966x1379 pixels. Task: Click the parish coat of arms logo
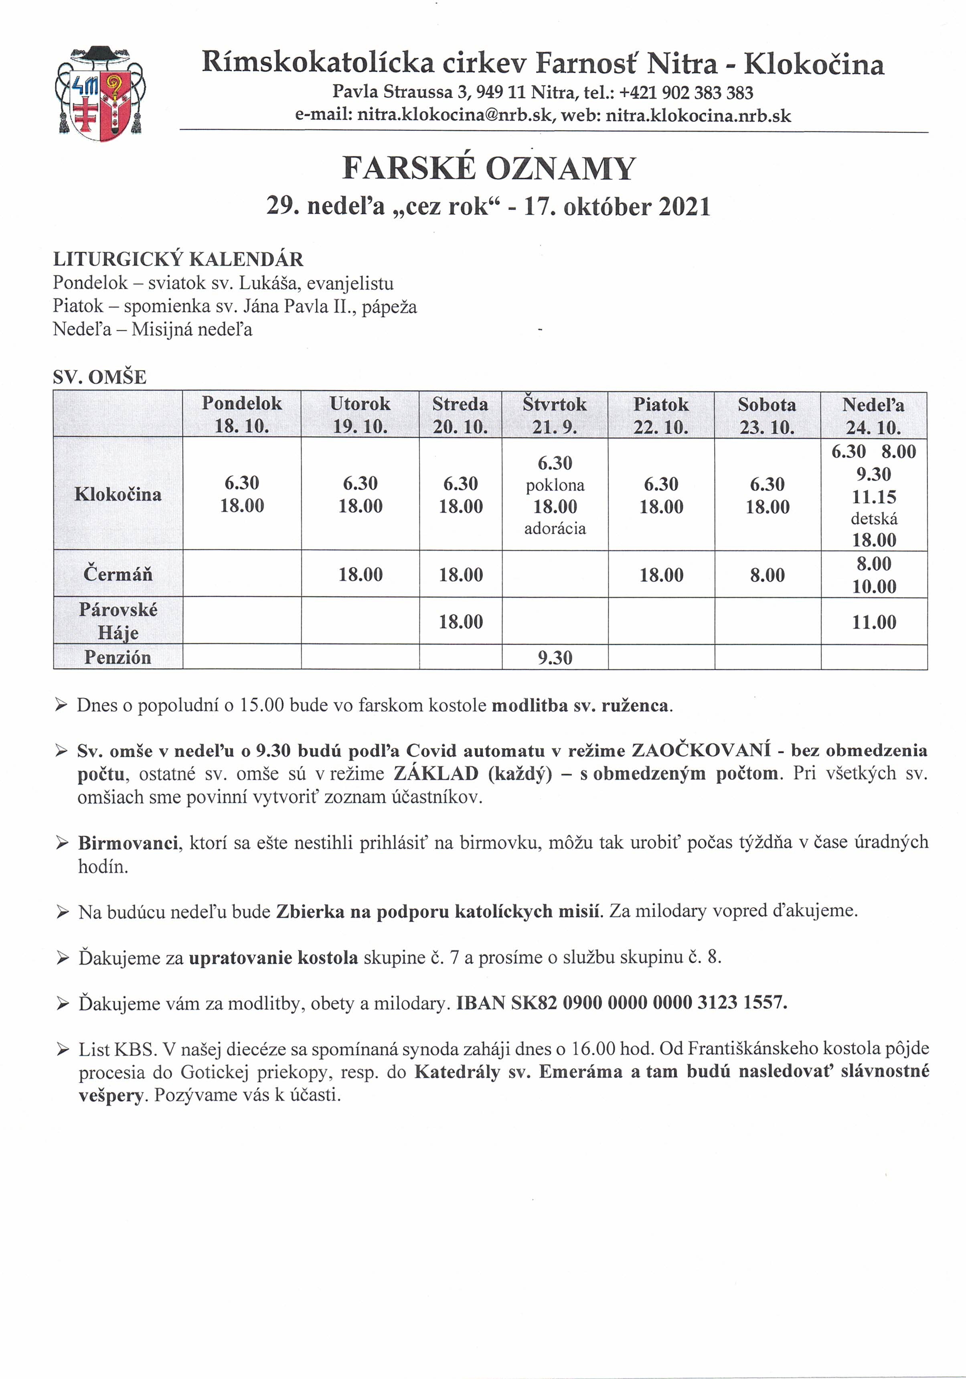[x=100, y=93]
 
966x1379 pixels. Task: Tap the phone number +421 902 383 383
[x=686, y=93]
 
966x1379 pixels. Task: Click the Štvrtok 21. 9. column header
[x=554, y=415]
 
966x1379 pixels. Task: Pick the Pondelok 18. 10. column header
[x=241, y=414]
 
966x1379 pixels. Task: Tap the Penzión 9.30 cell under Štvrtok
[x=554, y=658]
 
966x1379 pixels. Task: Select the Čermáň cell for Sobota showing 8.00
[x=767, y=575]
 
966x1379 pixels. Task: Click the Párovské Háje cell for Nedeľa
[x=873, y=621]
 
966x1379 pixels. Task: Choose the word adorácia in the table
[x=554, y=528]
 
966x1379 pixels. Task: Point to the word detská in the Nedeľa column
[x=873, y=518]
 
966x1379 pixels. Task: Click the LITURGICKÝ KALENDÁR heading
[x=178, y=260]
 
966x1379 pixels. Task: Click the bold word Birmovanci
[x=128, y=843]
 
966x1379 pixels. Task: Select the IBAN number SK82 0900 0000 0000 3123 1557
[x=648, y=1002]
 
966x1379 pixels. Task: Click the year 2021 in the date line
[x=685, y=207]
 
